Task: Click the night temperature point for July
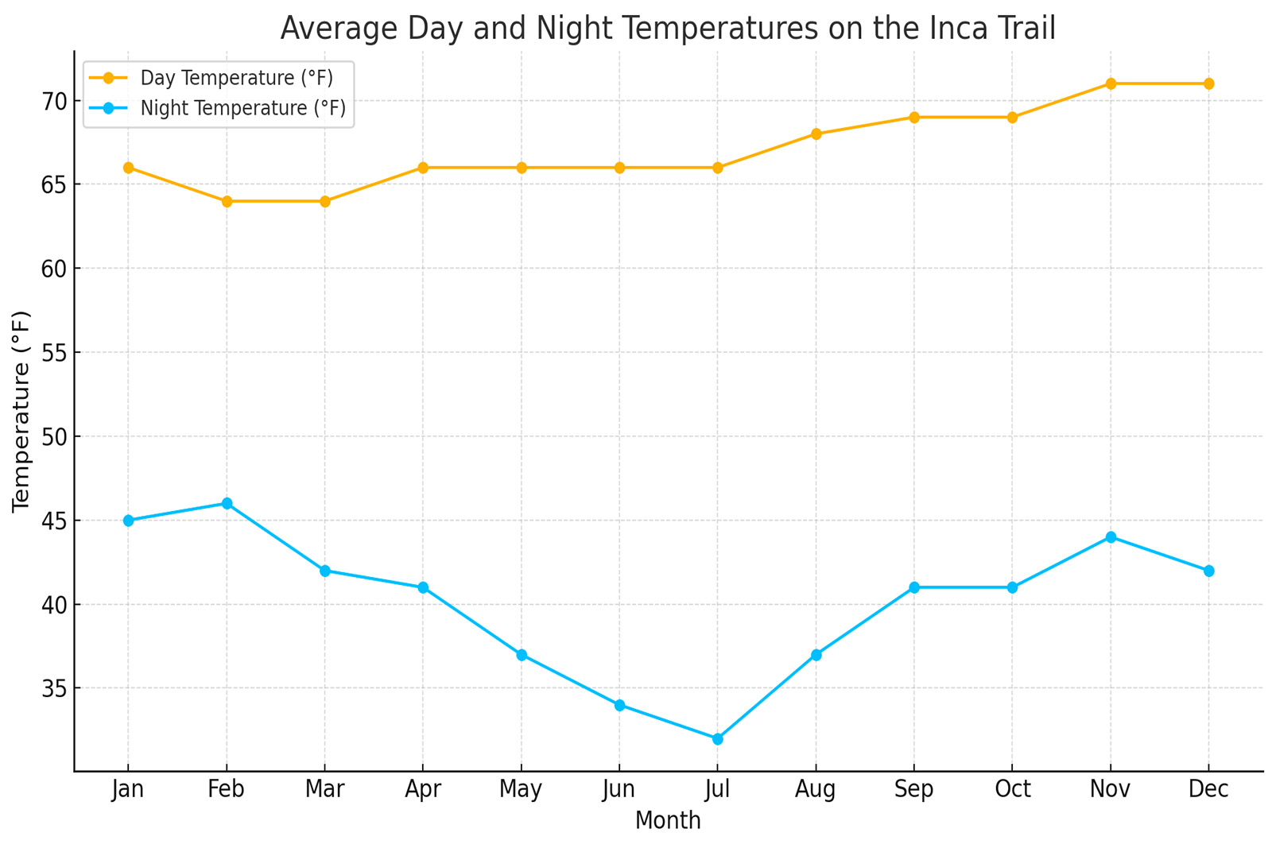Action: [x=717, y=738]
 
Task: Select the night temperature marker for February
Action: [x=227, y=503]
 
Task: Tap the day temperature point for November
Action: [x=1111, y=83]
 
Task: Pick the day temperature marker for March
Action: [x=324, y=201]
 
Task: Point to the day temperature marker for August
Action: [x=816, y=134]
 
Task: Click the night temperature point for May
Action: [x=522, y=655]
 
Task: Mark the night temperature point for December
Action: [x=1208, y=571]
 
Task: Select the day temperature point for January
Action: [x=128, y=168]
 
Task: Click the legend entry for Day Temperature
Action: [x=235, y=78]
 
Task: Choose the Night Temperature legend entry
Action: [x=242, y=108]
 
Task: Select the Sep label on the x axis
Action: [x=913, y=789]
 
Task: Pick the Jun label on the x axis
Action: [x=619, y=789]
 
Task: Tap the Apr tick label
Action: [x=423, y=789]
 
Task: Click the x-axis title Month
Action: [x=668, y=821]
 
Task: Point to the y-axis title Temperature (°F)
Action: [x=21, y=411]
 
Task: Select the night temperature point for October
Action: [x=1012, y=587]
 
